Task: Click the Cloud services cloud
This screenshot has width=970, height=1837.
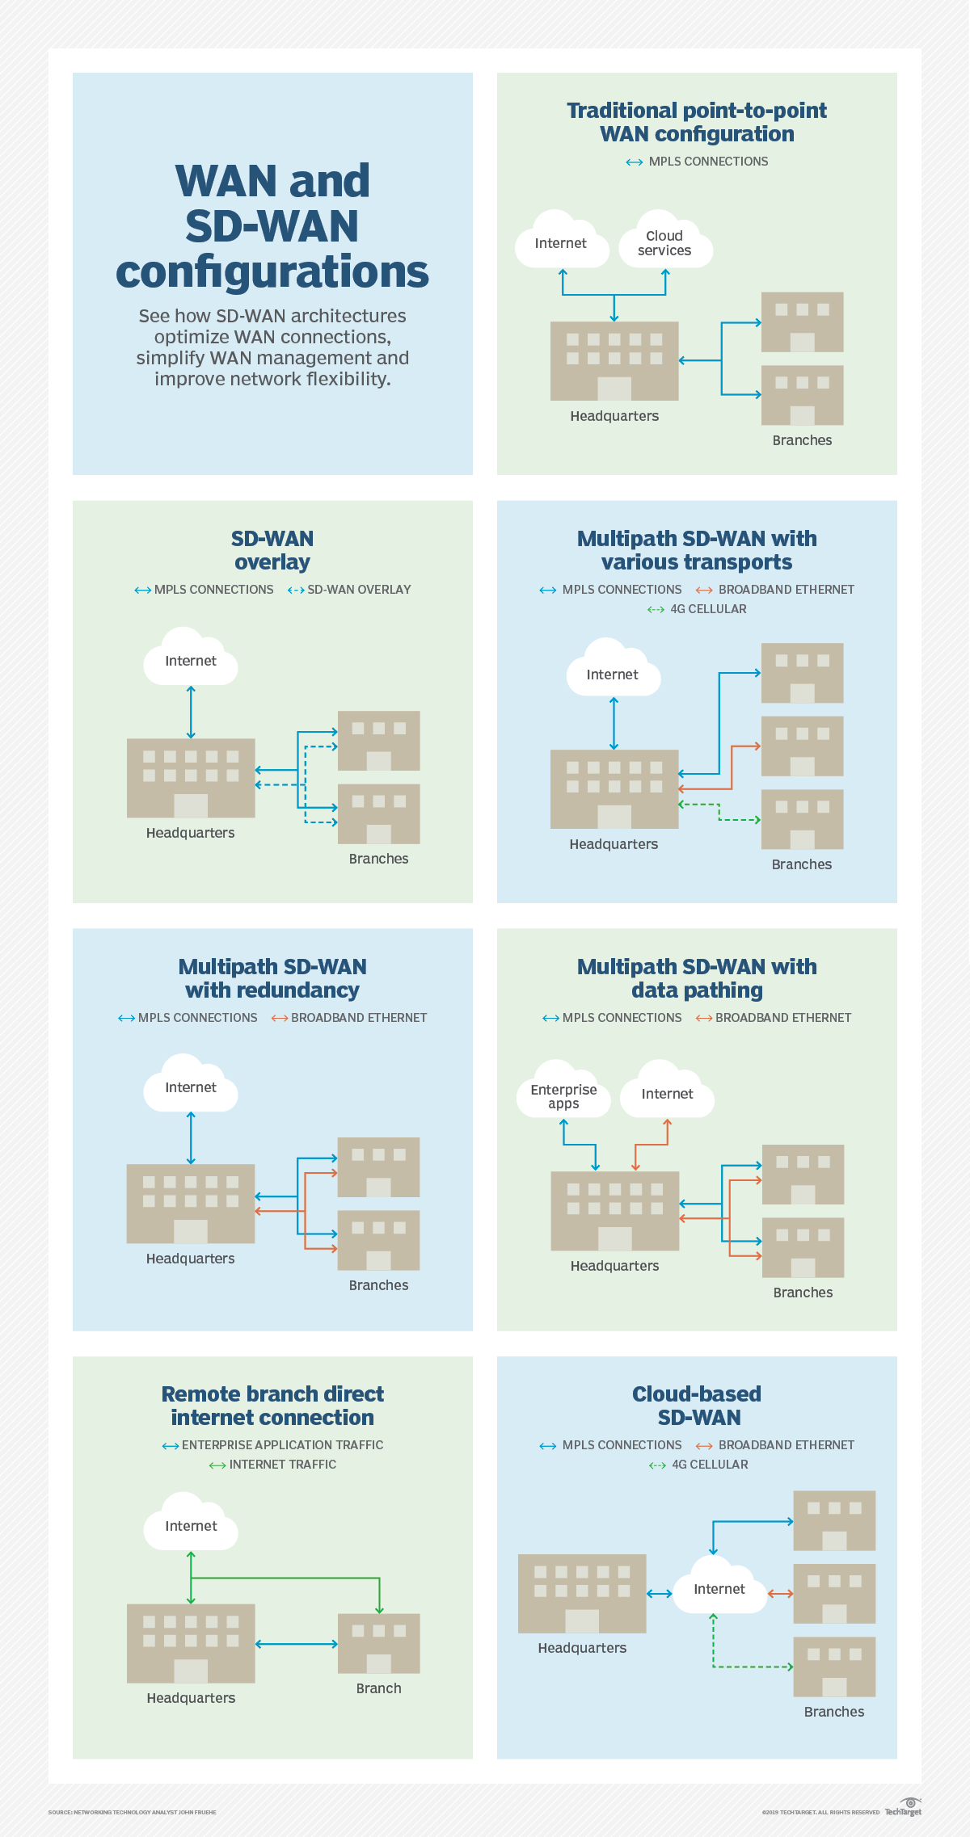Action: coord(665,243)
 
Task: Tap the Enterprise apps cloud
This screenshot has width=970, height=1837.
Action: coord(563,1095)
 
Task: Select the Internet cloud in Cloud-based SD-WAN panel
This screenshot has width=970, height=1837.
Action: coord(719,1588)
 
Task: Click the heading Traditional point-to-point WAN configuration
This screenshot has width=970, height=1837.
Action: coord(697,122)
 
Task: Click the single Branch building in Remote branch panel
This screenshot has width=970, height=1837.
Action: coord(378,1643)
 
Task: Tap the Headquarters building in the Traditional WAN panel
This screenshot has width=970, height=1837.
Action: coord(614,360)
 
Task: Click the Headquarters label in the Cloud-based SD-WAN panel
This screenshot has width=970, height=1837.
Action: coord(582,1648)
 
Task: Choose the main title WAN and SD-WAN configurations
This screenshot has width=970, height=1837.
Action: coord(272,226)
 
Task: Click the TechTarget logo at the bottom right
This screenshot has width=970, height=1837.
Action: coord(904,1809)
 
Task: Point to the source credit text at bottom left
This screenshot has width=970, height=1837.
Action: coord(132,1812)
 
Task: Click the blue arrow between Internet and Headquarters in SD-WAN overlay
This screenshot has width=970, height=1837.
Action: coord(191,712)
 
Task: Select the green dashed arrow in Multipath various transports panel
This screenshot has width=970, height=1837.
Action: coord(719,812)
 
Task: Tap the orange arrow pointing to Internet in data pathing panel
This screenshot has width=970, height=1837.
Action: coord(652,1144)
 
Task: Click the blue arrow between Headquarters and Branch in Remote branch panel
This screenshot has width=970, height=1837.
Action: coord(297,1644)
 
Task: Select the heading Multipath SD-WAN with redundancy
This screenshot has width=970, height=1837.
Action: coord(272,978)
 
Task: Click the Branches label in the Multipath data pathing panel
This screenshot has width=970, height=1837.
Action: coord(803,1293)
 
